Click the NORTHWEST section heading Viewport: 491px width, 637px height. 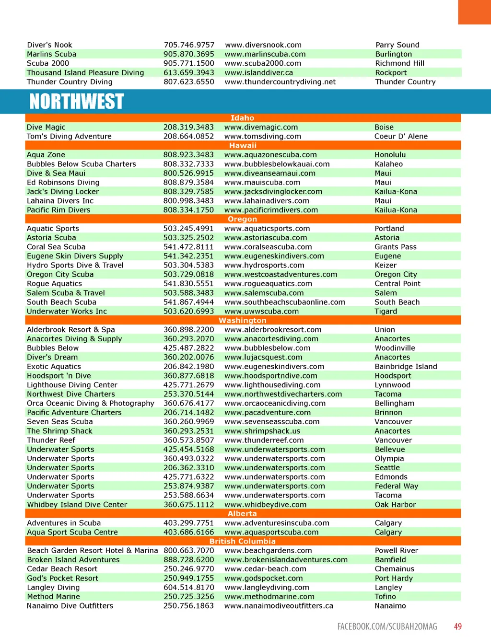77,102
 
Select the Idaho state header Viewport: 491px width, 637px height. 242,118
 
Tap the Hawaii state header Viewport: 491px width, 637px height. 243,145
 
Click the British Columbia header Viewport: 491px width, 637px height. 242,541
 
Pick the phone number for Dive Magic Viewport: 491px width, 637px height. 188,127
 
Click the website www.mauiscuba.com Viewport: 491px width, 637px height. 262,182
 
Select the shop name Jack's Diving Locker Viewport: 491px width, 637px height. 63,191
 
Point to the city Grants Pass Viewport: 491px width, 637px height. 396,247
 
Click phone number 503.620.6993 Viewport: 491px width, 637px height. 188,311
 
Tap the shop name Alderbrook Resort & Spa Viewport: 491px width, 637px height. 71,330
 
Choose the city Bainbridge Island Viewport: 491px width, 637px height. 406,367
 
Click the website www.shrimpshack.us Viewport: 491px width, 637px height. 262,431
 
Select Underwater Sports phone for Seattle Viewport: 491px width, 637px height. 188,468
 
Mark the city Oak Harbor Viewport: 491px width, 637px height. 395,505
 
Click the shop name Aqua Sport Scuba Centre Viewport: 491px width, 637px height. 72,532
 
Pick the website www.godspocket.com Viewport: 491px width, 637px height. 264,578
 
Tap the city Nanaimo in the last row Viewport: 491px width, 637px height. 390,606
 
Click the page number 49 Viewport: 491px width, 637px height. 458,626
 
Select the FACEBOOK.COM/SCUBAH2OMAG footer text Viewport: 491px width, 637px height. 387,626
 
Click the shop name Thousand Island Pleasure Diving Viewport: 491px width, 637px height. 85,72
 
